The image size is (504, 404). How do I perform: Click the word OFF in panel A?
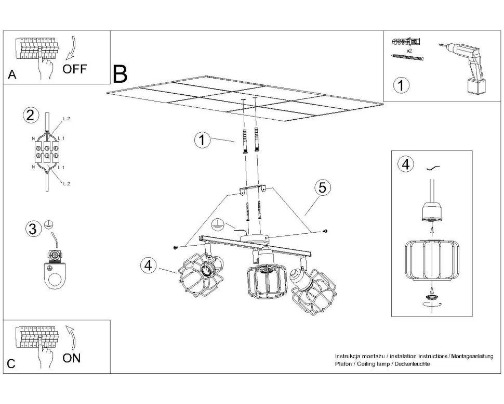pyautogui.click(x=75, y=69)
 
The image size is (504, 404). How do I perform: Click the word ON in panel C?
pyautogui.click(x=71, y=358)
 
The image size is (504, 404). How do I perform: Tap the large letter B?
pyautogui.click(x=120, y=75)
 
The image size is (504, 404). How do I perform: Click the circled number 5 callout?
pyautogui.click(x=322, y=188)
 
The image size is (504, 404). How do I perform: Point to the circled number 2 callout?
pyautogui.click(x=31, y=115)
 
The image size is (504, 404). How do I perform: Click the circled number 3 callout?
pyautogui.click(x=33, y=229)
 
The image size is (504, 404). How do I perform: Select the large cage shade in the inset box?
pyautogui.click(x=431, y=259)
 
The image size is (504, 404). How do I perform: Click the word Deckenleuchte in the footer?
pyautogui.click(x=412, y=364)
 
